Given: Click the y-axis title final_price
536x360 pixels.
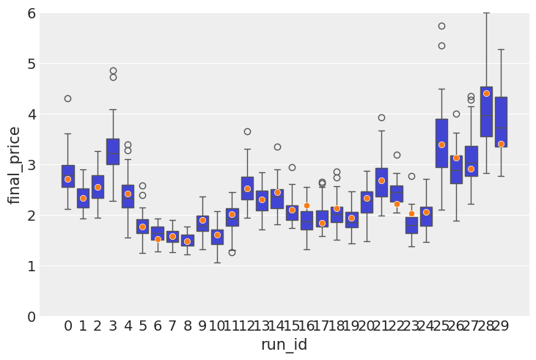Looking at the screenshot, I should [x=15, y=164].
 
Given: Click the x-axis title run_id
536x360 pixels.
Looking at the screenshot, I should [x=284, y=345].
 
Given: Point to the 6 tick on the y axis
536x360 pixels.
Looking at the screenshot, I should [x=30, y=13].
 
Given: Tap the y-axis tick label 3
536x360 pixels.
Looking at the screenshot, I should [x=30, y=165].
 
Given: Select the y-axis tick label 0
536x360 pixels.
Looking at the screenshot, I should [x=30, y=317].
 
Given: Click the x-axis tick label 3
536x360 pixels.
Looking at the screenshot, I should [x=112, y=326].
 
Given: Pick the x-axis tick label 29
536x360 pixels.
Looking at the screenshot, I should [x=501, y=326].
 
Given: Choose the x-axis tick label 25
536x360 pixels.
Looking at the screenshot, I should [x=441, y=326].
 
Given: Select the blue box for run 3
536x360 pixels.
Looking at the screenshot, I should [x=112, y=151].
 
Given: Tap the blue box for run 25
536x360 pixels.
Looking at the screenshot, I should [x=441, y=143].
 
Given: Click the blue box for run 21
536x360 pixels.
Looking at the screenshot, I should [x=381, y=182].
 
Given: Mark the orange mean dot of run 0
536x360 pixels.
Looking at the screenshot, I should [x=67, y=179].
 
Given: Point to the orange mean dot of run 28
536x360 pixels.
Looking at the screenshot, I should [x=486, y=93].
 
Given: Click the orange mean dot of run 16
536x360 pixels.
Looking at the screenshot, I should [x=306, y=205].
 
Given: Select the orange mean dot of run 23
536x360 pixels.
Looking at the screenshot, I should [x=411, y=213].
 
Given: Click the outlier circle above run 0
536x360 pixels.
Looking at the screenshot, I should [x=67, y=98].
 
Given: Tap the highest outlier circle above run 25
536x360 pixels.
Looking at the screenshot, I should [x=441, y=26].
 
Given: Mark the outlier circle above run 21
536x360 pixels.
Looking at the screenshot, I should [x=381, y=117].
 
